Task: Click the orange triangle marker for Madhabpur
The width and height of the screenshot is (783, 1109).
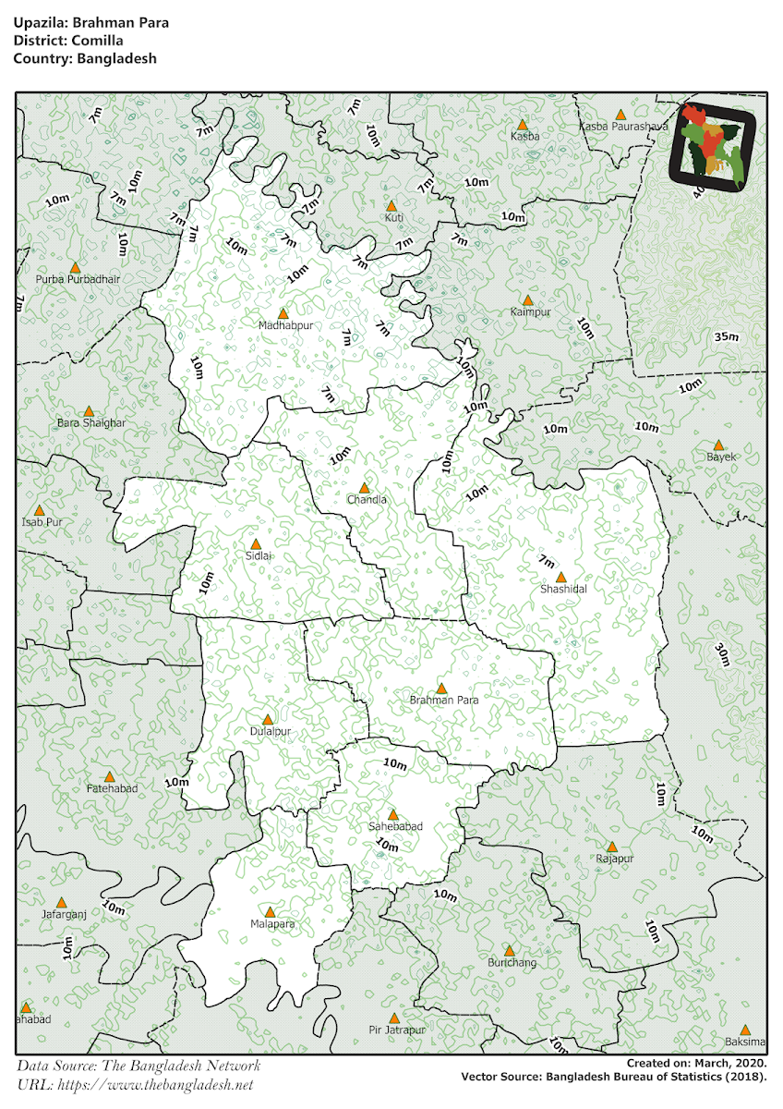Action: coord(283,313)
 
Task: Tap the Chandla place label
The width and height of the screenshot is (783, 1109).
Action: coord(367,500)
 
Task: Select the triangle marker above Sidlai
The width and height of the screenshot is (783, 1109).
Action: coord(256,544)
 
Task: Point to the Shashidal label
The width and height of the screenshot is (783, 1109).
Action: coord(563,589)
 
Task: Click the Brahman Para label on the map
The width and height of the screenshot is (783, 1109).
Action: coord(444,701)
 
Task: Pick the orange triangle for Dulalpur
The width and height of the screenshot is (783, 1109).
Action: coord(268,719)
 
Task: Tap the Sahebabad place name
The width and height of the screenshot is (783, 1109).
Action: coord(395,827)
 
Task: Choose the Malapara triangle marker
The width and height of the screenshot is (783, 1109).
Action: coord(271,911)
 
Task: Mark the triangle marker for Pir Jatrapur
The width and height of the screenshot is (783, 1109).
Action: coord(394,1018)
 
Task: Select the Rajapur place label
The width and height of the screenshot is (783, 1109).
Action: coord(614,859)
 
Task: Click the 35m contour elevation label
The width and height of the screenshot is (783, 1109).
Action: coord(727,337)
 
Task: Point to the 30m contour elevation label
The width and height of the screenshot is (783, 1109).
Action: coord(722,655)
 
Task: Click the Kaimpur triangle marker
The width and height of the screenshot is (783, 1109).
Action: coord(527,300)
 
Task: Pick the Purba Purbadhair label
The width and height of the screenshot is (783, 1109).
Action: coord(78,278)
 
